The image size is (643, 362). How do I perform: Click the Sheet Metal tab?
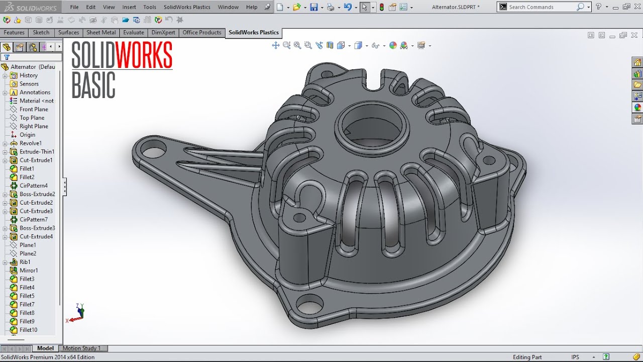[x=101, y=33]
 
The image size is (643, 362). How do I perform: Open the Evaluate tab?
[x=134, y=33]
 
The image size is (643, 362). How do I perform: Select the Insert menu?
[x=129, y=7]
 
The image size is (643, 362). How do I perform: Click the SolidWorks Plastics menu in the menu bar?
[x=187, y=7]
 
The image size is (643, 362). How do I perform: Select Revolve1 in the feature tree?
[x=30, y=143]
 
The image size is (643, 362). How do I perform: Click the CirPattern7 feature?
[x=33, y=220]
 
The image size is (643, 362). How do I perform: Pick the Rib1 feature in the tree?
[x=25, y=262]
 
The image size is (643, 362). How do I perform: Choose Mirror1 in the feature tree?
[x=29, y=270]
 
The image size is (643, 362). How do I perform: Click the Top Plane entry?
[x=32, y=118]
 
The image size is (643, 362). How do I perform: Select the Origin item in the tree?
[x=27, y=135]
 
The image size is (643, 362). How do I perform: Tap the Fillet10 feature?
[x=28, y=330]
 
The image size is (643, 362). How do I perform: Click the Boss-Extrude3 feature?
[x=37, y=228]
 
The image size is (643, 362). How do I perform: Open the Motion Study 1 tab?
[x=81, y=348]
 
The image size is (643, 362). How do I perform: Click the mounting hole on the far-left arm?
[x=150, y=150]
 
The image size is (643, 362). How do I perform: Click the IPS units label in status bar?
[x=575, y=357]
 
